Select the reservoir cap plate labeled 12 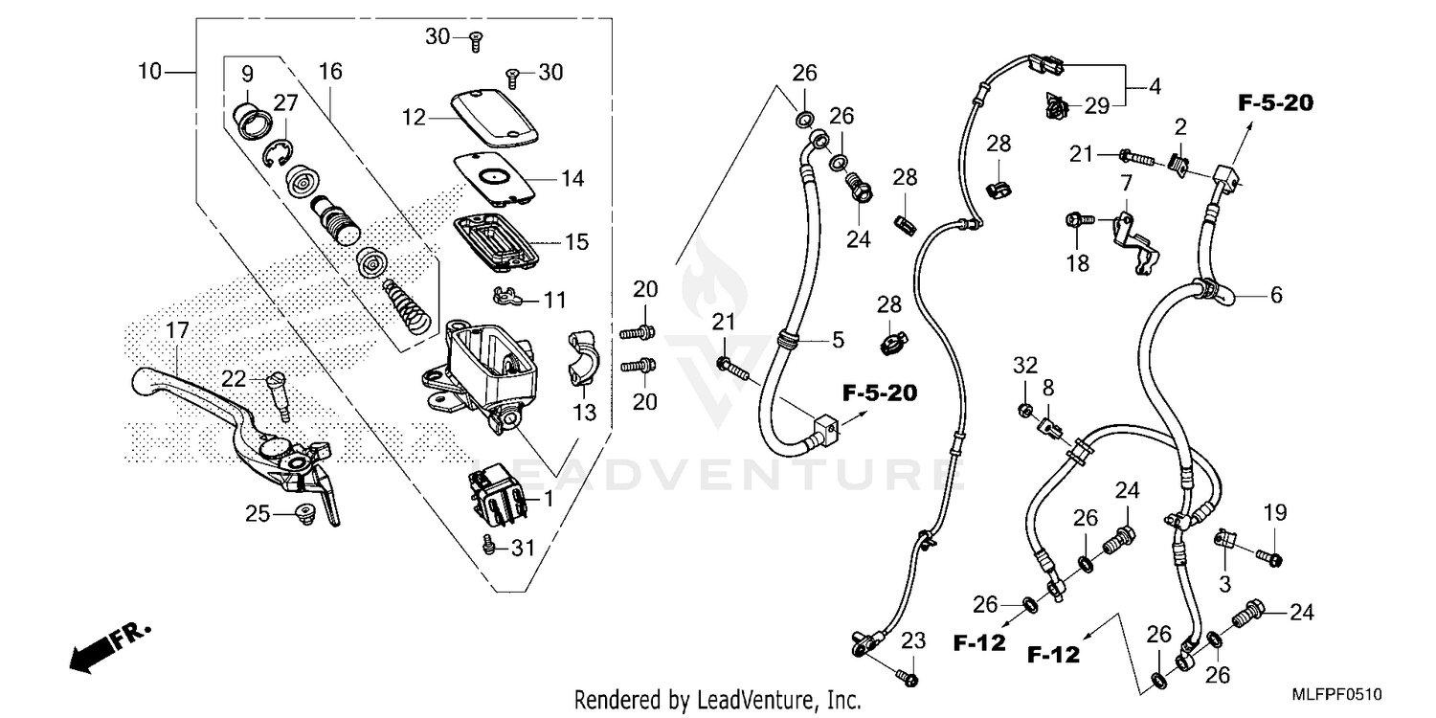[x=492, y=116]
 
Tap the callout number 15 [x=576, y=242]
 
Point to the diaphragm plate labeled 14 [x=503, y=178]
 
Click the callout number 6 [x=1275, y=296]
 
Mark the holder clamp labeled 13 [x=583, y=358]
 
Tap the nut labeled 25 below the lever [x=305, y=514]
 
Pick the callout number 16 [x=329, y=73]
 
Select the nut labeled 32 [x=1023, y=411]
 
